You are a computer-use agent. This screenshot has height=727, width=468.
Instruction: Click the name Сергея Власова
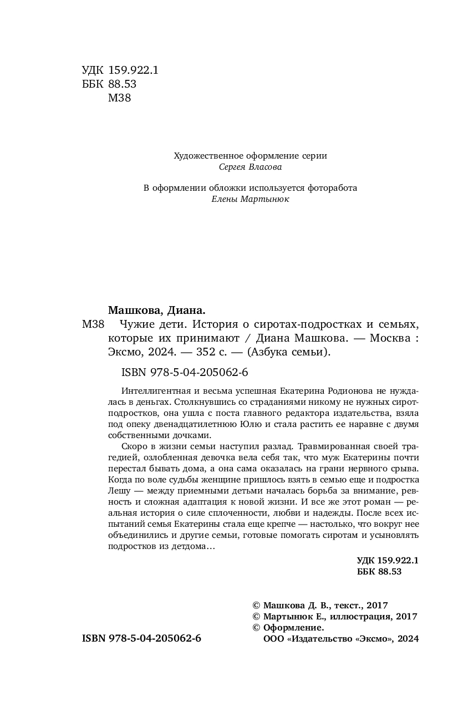coord(251,167)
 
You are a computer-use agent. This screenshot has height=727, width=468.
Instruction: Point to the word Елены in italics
coord(225,199)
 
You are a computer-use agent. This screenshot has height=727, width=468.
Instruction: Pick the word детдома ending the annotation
coord(190,547)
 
